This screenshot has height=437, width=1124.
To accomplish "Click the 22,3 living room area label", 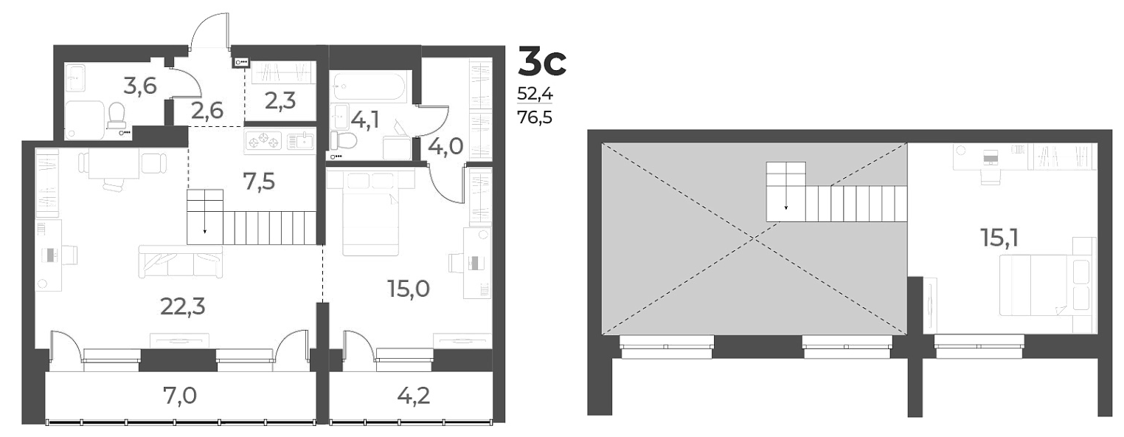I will click(181, 305).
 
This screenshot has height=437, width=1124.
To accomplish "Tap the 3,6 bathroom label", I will click(139, 86).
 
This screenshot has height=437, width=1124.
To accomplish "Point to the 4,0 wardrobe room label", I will click(445, 145).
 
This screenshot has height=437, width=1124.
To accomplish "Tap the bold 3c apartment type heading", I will click(542, 61).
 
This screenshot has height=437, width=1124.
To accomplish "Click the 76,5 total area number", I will click(536, 117).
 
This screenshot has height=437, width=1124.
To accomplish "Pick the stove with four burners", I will click(263, 140).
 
